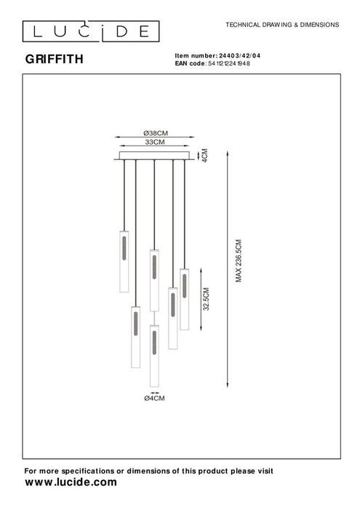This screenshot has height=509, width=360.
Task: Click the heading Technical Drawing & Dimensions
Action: tap(282, 24)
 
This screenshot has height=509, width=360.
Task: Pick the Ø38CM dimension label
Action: tap(154, 132)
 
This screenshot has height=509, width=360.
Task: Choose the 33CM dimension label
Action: tap(154, 143)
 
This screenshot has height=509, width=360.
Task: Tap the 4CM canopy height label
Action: tap(206, 156)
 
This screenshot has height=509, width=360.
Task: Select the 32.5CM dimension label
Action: tap(207, 298)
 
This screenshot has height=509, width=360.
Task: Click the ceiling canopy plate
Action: tap(155, 156)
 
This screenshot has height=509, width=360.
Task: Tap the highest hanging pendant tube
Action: tap(124, 260)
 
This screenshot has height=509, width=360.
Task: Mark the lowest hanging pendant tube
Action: tap(154, 356)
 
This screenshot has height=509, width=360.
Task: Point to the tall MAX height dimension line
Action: tap(229, 268)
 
